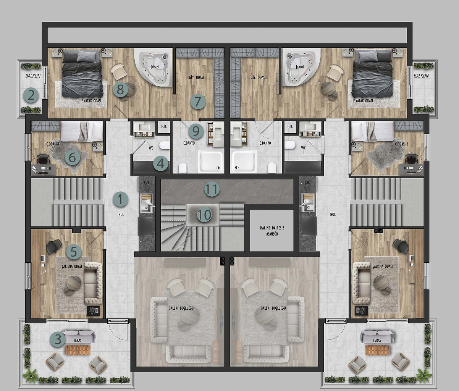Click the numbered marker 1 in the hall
click(120, 199)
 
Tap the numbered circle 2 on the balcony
click(31, 95)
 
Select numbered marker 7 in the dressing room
click(197, 102)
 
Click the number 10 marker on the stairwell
click(204, 215)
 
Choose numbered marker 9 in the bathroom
click(196, 131)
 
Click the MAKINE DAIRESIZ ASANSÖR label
click(272, 231)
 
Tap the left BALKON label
click(33, 76)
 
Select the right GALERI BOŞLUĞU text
click(273, 308)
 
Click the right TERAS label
click(377, 340)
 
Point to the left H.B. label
click(164, 126)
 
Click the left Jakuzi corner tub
click(154, 67)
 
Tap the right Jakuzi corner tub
click(301, 67)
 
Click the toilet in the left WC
click(164, 145)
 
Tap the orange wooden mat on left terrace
click(78, 350)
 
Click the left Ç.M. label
click(146, 182)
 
